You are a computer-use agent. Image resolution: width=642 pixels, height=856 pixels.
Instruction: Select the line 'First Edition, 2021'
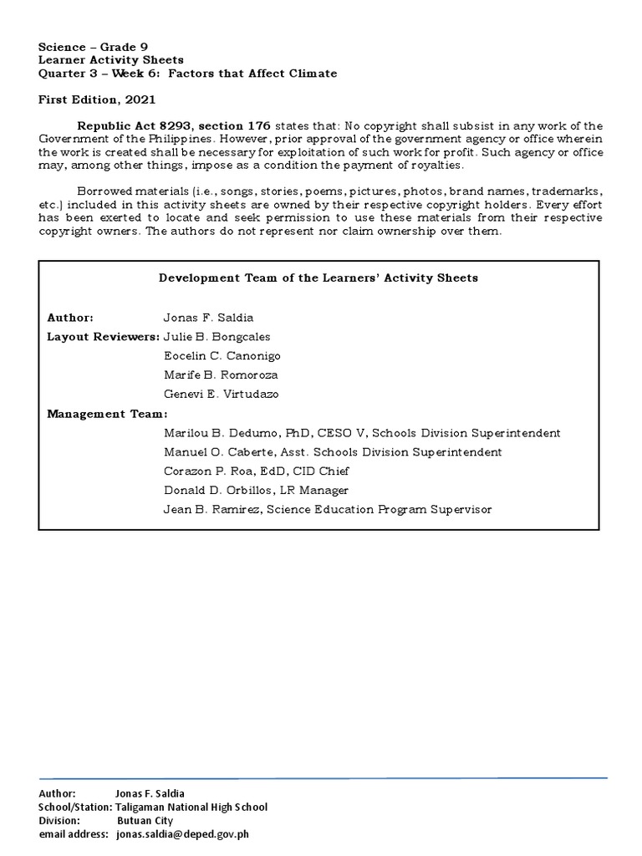point(97,99)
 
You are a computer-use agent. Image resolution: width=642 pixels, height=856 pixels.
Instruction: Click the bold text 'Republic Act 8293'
point(128,125)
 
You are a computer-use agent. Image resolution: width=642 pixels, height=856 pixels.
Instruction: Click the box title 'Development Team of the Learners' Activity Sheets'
point(318,278)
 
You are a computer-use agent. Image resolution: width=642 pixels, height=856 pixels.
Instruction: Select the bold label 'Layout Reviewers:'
point(103,337)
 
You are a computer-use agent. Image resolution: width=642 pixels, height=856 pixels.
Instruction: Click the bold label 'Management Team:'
point(107,414)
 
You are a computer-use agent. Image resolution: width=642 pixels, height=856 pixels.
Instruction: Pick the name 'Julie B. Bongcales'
point(217,337)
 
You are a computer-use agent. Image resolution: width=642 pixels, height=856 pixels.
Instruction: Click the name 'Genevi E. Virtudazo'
point(222,394)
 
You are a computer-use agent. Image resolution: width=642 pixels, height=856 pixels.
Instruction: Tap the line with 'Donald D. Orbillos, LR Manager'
point(255,491)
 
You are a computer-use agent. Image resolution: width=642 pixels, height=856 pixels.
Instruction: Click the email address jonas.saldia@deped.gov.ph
point(182,833)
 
